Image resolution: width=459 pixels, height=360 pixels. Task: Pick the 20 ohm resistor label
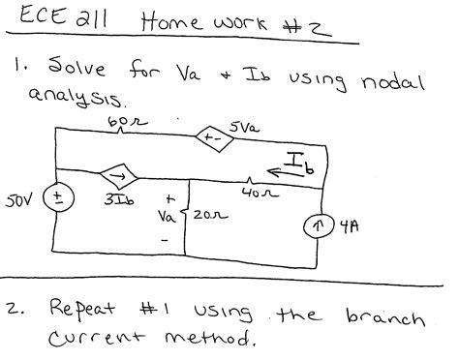pos(199,220)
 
